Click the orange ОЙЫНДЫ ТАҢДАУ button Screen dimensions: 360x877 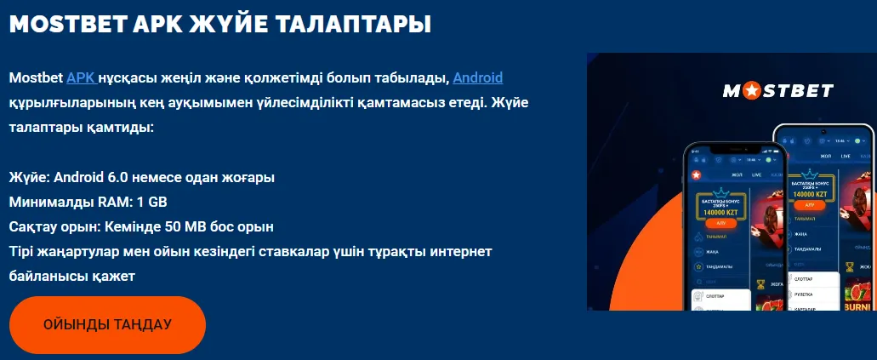coord(107,325)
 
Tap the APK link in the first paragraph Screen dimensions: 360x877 coord(81,77)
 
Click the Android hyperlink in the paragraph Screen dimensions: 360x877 coord(477,77)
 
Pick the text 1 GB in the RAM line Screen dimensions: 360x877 coord(151,202)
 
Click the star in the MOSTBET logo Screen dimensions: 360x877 coord(749,91)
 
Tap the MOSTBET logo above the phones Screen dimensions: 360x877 coord(777,91)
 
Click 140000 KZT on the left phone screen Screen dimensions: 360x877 coord(721,211)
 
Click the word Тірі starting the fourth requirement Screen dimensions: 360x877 coord(23,252)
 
